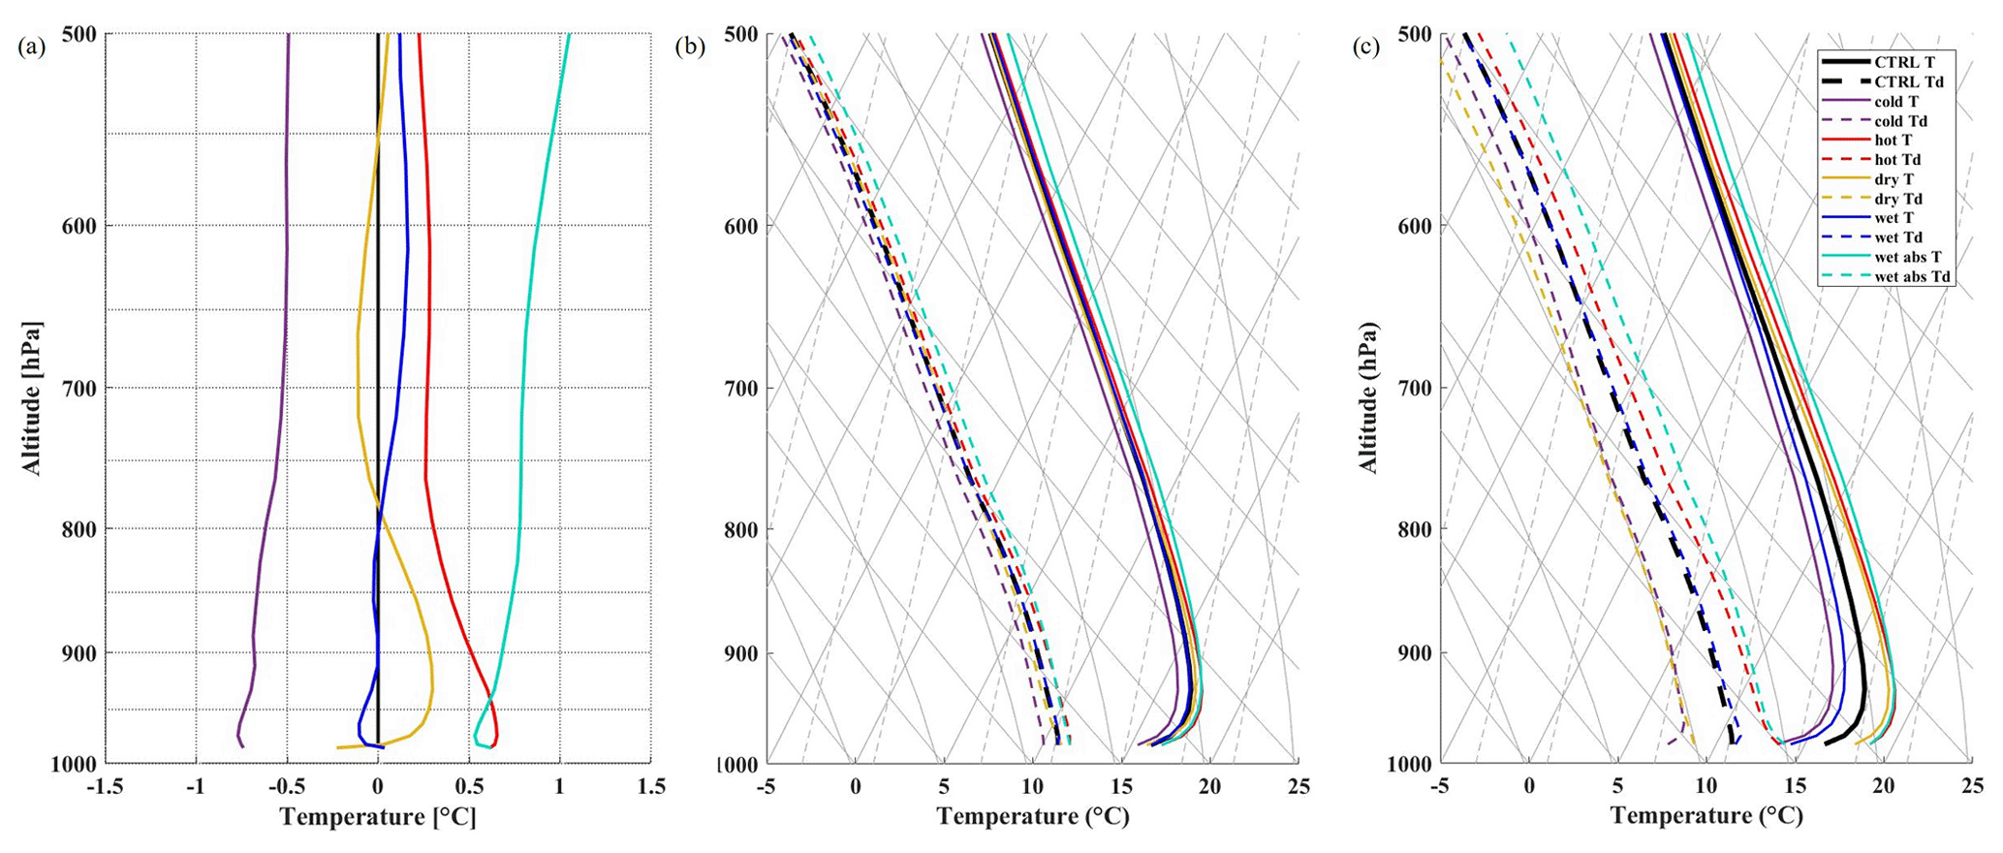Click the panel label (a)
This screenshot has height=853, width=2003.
tap(32, 47)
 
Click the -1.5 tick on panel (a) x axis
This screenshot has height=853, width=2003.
tap(105, 786)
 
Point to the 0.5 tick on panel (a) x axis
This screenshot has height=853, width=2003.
tap(469, 786)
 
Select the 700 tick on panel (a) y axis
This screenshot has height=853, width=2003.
tap(71, 388)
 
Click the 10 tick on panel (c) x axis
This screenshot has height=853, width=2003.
tap(1706, 786)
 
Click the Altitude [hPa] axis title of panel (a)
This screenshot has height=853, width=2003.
tap(31, 397)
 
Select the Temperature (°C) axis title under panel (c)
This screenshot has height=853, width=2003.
tap(1706, 816)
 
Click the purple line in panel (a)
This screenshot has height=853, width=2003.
tap(286, 291)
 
